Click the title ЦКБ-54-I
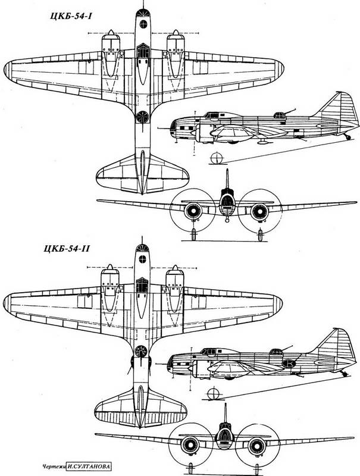coord(71,16)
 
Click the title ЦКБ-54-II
coord(66,249)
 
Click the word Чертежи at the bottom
coord(54,466)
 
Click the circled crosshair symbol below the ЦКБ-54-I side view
coord(217,158)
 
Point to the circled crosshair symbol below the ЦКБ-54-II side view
coord(214,393)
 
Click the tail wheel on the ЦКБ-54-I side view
coord(348,137)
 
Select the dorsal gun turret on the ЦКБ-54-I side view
coord(280,115)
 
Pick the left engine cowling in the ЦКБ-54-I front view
coord(193,211)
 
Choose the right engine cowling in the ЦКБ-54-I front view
coord(259,211)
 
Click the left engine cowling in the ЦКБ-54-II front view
coord(190,445)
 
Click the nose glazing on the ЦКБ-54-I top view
coord(143,12)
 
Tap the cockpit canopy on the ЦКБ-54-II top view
coord(142,285)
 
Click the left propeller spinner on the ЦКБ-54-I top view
coord(111,32)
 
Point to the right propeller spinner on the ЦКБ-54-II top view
coord(175,267)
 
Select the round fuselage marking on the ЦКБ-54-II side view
coord(289,363)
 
